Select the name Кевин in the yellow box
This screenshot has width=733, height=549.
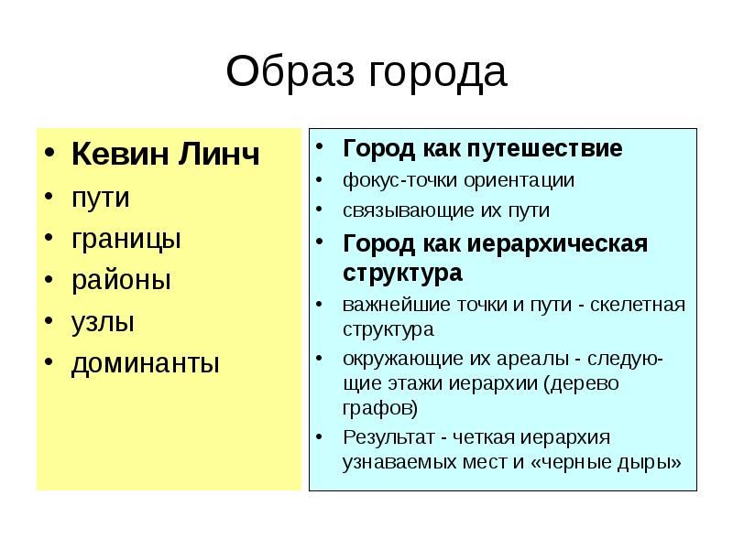(x=117, y=155)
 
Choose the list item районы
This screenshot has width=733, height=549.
(x=121, y=280)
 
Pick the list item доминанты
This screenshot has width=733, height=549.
(x=146, y=363)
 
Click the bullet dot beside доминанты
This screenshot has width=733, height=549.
(x=51, y=363)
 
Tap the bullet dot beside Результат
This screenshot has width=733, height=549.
(x=318, y=436)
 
